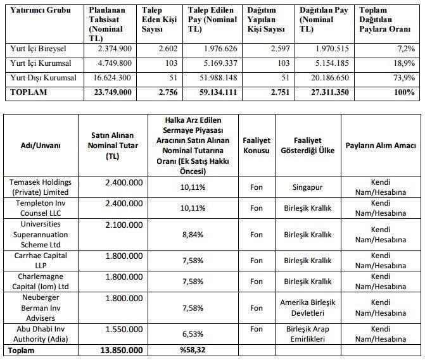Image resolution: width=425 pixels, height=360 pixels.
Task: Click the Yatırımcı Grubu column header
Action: click(x=39, y=11)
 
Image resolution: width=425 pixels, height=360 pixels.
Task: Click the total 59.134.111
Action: click(x=214, y=92)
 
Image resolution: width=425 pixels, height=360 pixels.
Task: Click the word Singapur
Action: click(x=307, y=187)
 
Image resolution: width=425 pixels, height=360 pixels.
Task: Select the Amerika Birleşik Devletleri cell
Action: click(x=307, y=307)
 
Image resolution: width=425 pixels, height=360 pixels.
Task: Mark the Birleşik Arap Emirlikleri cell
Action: click(x=307, y=334)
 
